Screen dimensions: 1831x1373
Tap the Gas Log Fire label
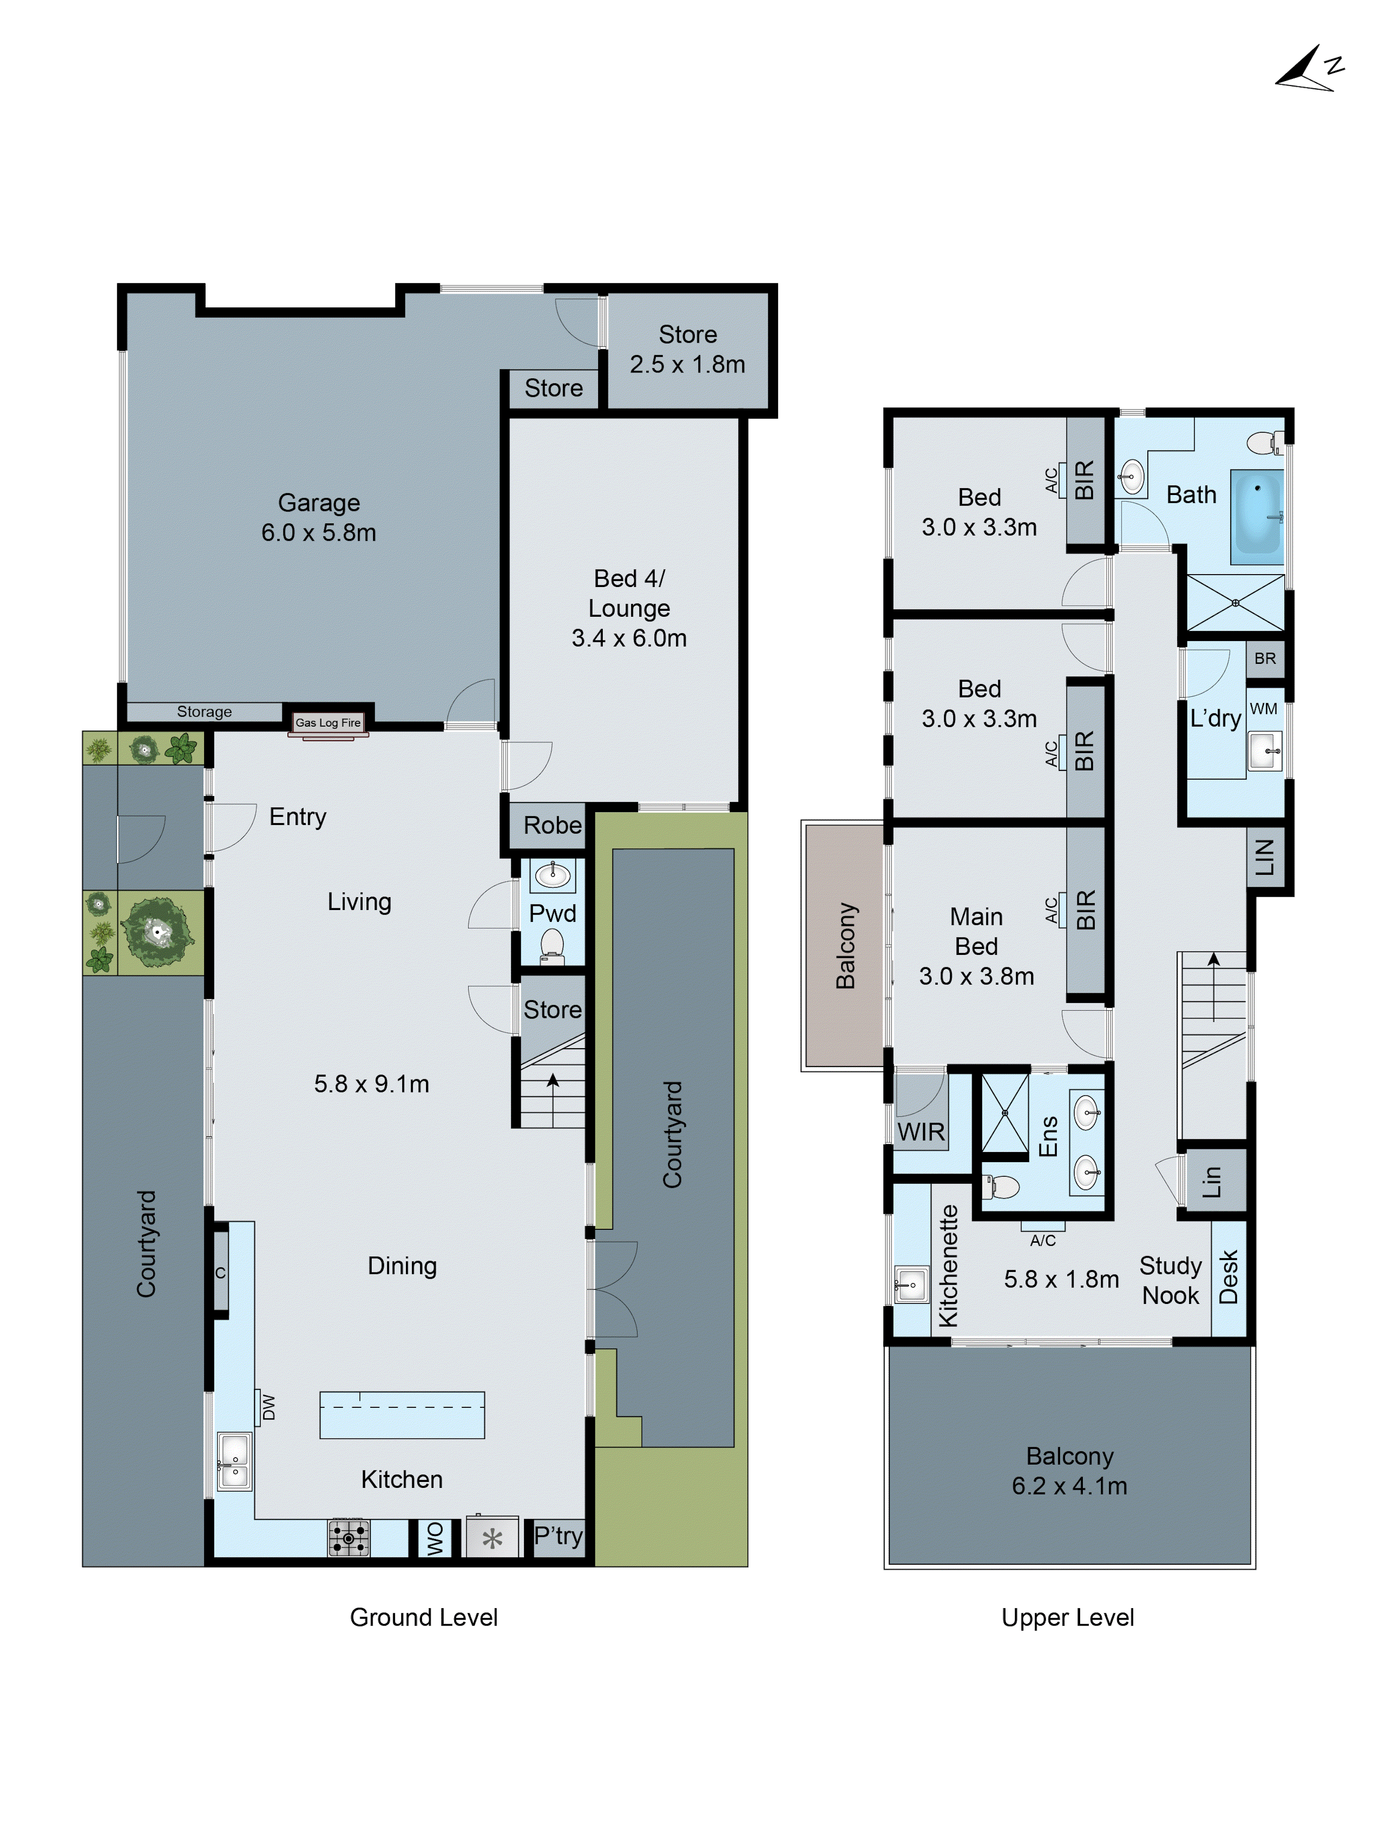point(328,722)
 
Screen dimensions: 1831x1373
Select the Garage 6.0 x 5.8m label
point(319,517)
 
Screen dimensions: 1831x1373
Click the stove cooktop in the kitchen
point(349,1538)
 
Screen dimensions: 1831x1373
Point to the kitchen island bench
point(402,1415)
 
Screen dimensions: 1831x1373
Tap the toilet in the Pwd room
point(551,945)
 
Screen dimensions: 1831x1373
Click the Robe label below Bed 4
point(552,825)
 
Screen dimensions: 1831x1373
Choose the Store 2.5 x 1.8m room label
point(687,349)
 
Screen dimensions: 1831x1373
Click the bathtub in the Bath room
point(1256,517)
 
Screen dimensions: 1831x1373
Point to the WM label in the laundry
point(1263,709)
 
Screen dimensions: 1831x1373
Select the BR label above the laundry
point(1265,658)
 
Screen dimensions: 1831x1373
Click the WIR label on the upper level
point(921,1131)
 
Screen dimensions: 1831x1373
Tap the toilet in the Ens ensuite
point(1001,1187)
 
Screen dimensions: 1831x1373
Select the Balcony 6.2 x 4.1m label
point(1069,1471)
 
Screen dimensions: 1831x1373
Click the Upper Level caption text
point(1067,1617)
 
